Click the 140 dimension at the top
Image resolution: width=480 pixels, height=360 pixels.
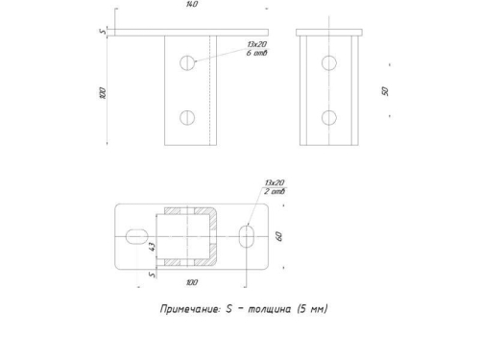[x=192, y=4]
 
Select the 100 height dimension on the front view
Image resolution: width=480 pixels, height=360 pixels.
[x=103, y=93]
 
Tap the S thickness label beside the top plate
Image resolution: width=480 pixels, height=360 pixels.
[x=103, y=32]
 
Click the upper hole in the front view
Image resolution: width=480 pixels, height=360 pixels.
[x=187, y=62]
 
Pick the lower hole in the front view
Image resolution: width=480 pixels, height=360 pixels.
[x=187, y=118]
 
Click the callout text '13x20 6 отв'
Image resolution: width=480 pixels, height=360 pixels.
[x=256, y=49]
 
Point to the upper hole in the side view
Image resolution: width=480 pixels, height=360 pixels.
[x=329, y=62]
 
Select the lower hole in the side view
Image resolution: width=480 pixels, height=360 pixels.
[x=329, y=118]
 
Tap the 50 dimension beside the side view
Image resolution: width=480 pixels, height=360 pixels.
[x=385, y=91]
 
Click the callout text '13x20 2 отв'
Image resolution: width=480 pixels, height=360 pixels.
[x=275, y=187]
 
